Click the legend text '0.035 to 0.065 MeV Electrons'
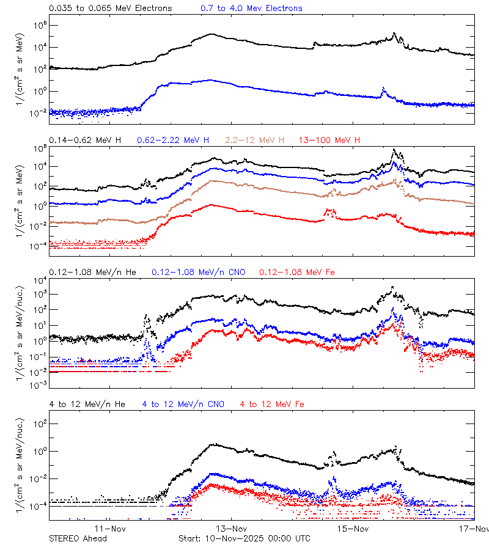pos(110,9)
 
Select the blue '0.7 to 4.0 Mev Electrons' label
pos(251,9)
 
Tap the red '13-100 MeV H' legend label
pos(329,141)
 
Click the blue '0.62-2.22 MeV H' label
pos(174,141)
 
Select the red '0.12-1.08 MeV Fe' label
pos(297,272)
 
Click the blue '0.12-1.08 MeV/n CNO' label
pos(198,272)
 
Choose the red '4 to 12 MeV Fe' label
pos(272,404)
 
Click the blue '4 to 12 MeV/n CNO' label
pos(183,404)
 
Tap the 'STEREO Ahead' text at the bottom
pos(78,538)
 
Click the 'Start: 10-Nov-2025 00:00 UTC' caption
pos(244,538)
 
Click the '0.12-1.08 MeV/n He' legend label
pos(95,272)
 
